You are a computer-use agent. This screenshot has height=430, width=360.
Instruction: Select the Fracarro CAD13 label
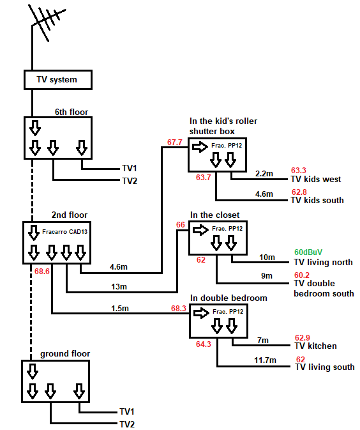64,232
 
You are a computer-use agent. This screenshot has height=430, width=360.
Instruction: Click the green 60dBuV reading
308,252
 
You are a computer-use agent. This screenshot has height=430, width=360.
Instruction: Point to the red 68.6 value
42,272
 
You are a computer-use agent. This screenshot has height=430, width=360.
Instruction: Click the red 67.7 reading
175,142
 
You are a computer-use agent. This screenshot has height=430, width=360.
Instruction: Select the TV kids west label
316,180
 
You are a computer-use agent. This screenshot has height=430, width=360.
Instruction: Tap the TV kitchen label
315,346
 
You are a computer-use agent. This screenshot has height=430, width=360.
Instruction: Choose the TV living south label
325,367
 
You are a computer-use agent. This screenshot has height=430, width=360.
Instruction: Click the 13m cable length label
119,287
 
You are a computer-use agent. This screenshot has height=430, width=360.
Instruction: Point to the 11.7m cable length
265,360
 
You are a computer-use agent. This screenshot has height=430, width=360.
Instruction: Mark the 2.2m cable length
264,174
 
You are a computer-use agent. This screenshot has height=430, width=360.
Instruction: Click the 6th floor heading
71,112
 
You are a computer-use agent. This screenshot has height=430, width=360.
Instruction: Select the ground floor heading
65,354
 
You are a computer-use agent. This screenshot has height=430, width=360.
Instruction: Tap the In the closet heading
215,215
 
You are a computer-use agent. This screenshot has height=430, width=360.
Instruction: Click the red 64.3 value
203,344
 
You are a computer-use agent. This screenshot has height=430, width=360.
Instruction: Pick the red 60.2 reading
302,275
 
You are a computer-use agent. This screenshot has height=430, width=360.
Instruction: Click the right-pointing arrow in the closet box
201,230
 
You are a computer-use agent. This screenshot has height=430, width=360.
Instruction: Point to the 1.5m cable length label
120,309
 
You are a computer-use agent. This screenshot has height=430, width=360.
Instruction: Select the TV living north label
323,263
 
